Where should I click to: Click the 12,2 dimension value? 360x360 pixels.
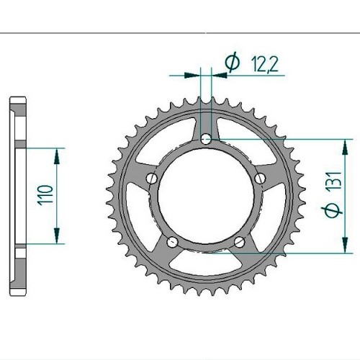265,65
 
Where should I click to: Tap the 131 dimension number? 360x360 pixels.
334,181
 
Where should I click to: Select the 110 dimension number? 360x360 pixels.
45,195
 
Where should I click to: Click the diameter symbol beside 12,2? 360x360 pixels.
233,62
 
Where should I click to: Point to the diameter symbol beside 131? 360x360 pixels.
332,210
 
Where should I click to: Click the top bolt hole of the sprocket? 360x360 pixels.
206,139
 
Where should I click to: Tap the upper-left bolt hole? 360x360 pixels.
151,178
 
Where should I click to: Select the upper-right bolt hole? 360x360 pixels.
260,178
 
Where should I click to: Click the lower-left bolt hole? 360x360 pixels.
172,242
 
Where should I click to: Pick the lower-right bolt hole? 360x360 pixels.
240,242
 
